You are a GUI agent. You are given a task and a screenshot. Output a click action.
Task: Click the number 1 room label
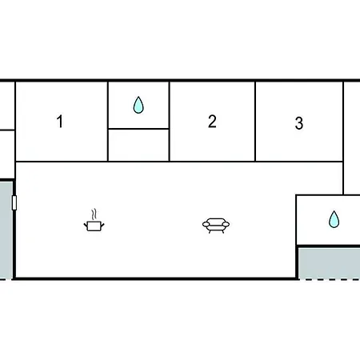point(60,122)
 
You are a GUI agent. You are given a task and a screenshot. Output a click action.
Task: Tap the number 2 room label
point(212,122)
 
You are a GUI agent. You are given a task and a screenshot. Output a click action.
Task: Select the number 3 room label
point(299,123)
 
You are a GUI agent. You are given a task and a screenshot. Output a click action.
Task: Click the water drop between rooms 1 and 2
point(138,105)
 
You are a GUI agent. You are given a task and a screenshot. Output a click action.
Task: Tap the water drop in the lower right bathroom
point(334,219)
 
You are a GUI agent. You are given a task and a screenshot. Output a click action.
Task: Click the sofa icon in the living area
point(216,226)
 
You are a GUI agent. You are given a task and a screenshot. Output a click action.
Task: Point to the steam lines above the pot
point(94,214)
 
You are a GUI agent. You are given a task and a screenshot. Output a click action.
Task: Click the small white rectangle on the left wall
point(14,202)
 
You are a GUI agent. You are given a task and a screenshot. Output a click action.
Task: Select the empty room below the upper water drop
point(138,145)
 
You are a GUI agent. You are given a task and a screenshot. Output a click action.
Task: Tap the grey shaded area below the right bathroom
point(329,263)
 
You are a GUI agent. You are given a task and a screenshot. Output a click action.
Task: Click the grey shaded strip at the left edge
point(6,230)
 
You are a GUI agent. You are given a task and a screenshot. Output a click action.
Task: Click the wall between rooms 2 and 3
point(255,122)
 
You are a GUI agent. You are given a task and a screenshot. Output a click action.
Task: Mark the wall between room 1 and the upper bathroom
point(108,122)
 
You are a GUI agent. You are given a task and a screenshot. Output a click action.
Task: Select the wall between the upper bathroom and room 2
point(170,122)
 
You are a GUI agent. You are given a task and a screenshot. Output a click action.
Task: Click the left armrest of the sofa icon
point(206,225)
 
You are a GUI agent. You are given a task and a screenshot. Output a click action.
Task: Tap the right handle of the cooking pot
point(102,226)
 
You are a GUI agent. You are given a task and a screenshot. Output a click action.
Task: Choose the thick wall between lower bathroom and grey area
point(329,246)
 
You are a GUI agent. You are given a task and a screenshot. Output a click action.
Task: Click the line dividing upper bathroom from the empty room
point(138,129)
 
